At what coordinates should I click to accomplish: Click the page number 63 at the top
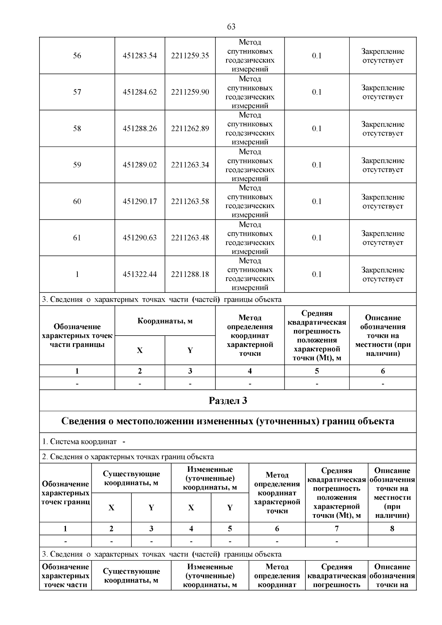[231, 27]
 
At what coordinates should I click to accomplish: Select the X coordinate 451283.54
[140, 56]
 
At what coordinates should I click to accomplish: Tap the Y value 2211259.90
[190, 92]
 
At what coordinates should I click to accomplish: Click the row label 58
[77, 129]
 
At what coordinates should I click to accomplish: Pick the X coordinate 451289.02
[140, 165]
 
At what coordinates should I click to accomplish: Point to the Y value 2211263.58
[190, 201]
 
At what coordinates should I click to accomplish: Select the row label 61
[77, 238]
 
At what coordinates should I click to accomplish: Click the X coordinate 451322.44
[140, 274]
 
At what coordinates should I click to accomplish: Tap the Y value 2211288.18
[190, 274]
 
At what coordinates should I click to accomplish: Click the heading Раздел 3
[228, 401]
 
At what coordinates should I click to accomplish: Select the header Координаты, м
[165, 321]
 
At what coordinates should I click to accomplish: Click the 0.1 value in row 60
[317, 201]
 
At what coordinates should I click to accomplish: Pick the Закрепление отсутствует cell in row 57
[383, 92]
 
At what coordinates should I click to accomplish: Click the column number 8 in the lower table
[392, 529]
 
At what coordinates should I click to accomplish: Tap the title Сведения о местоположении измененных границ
[228, 421]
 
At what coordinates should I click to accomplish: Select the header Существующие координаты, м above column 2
[131, 478]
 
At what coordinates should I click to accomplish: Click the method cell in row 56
[250, 56]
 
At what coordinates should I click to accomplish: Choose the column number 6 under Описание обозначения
[383, 371]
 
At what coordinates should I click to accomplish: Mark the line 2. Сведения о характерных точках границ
[128, 457]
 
